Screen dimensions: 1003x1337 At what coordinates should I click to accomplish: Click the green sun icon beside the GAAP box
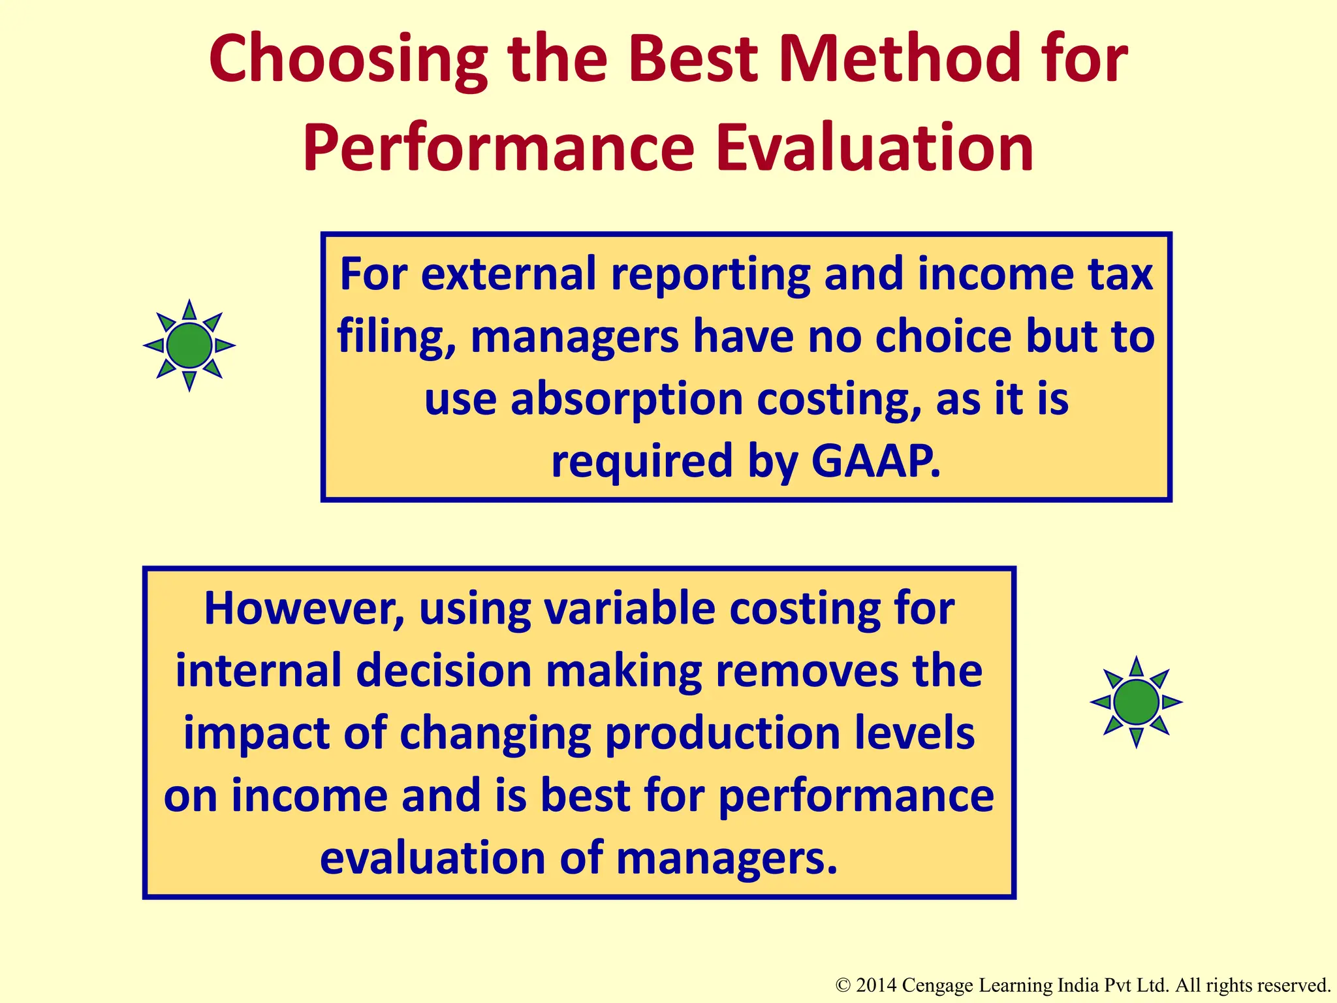(x=189, y=345)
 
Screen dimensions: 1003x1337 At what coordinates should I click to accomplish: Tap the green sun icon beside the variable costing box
(x=1136, y=702)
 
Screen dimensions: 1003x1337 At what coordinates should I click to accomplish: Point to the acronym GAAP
(x=875, y=461)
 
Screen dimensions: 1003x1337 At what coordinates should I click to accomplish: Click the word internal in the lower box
(x=258, y=671)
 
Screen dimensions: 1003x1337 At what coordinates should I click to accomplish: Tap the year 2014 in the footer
(x=877, y=985)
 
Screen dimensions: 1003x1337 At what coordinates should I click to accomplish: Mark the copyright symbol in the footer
(x=843, y=985)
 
